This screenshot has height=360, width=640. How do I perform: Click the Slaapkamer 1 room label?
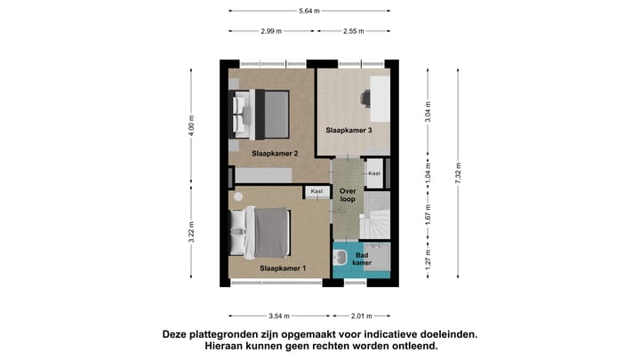(x=283, y=268)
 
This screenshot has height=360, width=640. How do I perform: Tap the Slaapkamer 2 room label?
(x=275, y=154)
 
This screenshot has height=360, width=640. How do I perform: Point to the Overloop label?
(x=348, y=194)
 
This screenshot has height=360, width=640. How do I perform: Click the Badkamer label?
(x=363, y=259)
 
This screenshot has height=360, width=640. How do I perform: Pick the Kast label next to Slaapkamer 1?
(x=316, y=191)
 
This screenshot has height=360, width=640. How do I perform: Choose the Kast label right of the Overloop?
(x=374, y=173)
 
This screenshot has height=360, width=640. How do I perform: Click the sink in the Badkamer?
(x=340, y=259)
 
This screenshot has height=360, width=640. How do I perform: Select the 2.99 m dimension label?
(x=271, y=31)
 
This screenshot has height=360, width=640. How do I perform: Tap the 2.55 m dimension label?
(x=353, y=31)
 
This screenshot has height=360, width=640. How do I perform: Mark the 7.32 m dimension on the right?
(x=459, y=172)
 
